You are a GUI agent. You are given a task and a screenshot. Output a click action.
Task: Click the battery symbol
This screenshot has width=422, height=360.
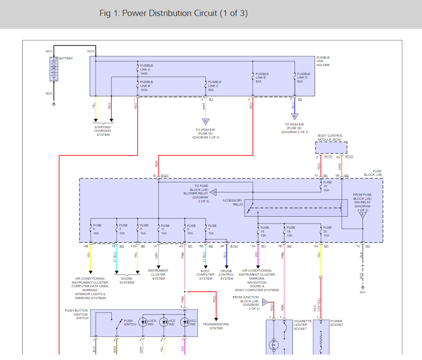tap(54, 69)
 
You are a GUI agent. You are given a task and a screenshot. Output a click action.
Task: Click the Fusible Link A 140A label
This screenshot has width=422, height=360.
tap(146, 68)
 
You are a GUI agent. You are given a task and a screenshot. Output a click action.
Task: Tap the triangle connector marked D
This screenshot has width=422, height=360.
tap(205, 121)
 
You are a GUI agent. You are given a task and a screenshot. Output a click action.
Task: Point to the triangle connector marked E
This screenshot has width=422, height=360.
tap(294, 116)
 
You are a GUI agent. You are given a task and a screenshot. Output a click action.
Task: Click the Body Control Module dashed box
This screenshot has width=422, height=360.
tap(331, 147)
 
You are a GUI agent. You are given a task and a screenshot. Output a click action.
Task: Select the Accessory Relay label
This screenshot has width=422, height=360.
tap(233, 202)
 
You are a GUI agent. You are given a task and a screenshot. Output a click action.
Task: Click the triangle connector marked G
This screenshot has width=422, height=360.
tap(213, 192)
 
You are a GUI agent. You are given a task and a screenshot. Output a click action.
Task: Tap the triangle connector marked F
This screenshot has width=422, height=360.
tap(363, 214)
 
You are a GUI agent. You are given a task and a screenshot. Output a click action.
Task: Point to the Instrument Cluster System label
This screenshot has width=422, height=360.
tap(158, 274)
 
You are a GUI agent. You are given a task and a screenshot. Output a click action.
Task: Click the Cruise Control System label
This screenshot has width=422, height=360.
tap(226, 274)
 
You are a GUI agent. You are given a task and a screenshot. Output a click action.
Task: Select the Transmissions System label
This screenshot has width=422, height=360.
tap(216, 326)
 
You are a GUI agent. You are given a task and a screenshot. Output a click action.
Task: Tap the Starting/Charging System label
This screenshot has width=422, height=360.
tap(103, 131)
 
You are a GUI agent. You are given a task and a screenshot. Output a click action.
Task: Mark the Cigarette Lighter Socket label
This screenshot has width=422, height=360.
tap(300, 325)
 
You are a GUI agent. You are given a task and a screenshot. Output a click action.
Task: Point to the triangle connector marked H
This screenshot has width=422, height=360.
tap(265, 302)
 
